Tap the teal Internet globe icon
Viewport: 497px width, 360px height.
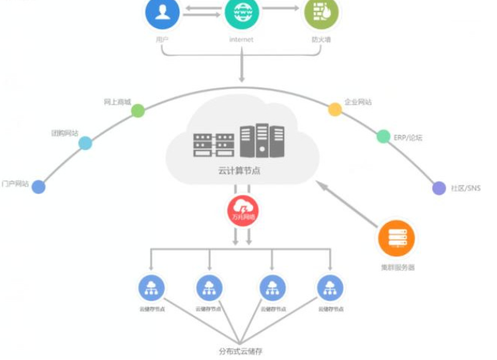242,12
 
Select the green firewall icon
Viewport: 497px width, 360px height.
320,12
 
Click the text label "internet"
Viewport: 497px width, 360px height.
242,40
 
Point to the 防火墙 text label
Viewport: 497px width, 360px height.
320,40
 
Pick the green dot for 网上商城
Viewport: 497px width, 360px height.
138,110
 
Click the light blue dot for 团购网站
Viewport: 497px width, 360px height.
85,143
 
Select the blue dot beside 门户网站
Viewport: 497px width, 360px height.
39,186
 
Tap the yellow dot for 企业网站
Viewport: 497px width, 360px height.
335,109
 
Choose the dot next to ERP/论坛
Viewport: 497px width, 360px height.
384,136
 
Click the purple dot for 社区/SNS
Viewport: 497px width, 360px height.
439,188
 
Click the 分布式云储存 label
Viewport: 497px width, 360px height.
241,351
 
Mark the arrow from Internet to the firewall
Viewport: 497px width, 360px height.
280,9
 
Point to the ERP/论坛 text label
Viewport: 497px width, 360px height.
408,136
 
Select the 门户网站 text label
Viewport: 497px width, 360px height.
15,184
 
